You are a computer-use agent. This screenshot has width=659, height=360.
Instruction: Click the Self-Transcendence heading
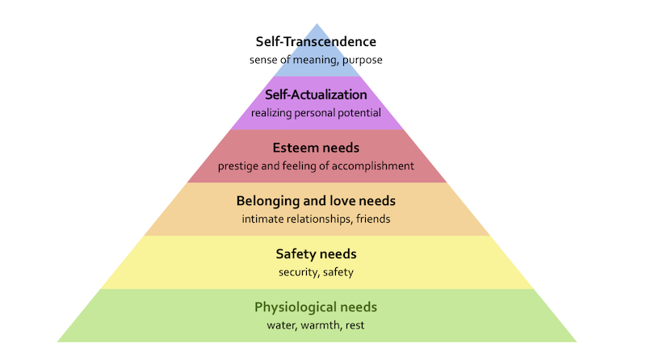tap(316, 41)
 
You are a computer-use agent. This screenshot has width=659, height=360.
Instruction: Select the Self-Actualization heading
tap(316, 94)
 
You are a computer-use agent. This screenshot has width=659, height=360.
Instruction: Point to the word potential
tap(359, 113)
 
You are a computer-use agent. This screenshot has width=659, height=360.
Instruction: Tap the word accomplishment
tap(376, 166)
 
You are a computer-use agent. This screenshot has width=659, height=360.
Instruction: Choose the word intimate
tap(263, 219)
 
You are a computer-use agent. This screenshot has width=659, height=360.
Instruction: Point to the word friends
tap(372, 219)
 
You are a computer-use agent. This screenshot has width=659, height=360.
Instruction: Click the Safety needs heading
tap(316, 254)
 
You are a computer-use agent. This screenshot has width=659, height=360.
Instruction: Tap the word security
tap(299, 273)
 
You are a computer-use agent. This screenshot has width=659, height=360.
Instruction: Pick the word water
tap(282, 326)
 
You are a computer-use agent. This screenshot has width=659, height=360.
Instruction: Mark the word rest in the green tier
tap(355, 326)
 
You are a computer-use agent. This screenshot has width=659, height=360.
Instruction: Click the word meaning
tap(313, 60)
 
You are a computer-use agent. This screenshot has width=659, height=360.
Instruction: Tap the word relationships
tap(322, 219)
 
